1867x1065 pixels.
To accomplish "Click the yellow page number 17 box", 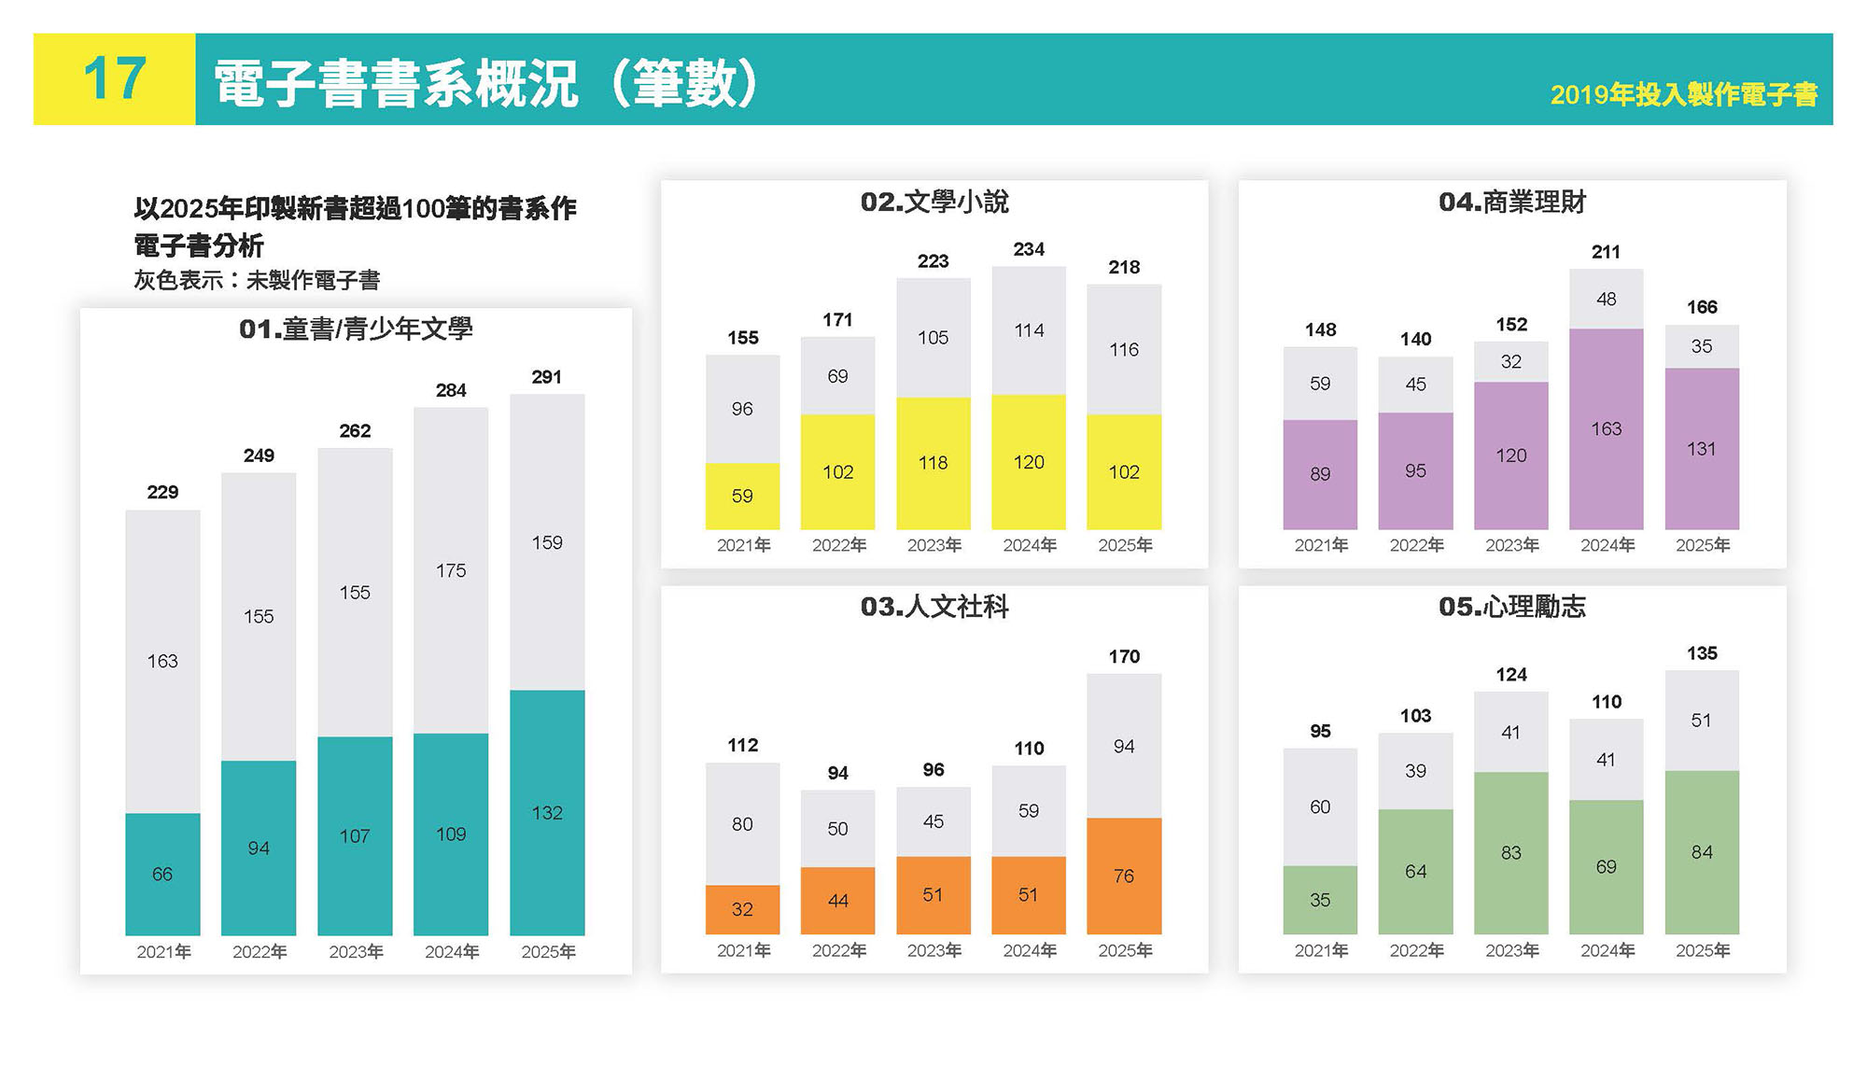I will point(114,79).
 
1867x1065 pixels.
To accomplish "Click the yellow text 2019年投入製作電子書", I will point(1683,94).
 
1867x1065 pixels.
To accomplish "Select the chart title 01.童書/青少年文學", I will point(356,329).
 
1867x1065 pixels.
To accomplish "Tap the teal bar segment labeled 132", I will point(547,812).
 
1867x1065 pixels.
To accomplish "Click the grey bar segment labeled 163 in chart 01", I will point(162,661).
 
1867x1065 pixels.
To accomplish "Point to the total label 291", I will point(547,377).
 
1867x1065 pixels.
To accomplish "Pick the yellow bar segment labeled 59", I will point(742,496).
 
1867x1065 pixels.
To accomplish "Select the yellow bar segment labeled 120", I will point(1029,462).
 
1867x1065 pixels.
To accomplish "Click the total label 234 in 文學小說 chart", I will point(1029,249).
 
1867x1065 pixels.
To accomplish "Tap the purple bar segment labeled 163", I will point(1606,428).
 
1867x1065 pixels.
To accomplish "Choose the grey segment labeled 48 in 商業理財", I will point(1606,299).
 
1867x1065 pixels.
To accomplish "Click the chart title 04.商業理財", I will point(1511,202).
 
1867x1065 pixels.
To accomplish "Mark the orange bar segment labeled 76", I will point(1124,876).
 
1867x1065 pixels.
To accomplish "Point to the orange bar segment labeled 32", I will point(742,909).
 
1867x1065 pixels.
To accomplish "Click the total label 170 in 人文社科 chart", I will point(1124,656).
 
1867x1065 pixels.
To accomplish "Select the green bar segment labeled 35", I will point(1320,900).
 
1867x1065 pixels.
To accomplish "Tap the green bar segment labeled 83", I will point(1511,852).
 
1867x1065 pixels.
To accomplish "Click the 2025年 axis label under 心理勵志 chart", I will point(1702,950).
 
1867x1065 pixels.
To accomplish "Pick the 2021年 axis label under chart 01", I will point(163,952).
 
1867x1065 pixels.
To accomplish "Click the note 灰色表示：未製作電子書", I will point(257,280).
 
